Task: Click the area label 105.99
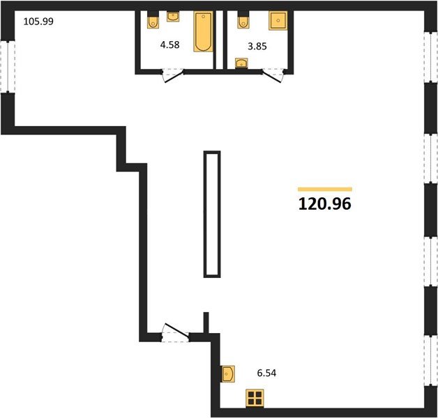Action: (38, 21)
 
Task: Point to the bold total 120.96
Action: (325, 205)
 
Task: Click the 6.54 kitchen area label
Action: (266, 373)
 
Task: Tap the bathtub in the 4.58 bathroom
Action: (203, 32)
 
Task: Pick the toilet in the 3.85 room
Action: (243, 22)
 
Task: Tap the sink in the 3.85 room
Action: (241, 65)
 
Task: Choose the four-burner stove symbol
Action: (255, 398)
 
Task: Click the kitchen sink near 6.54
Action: (228, 374)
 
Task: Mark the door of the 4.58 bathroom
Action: (170, 76)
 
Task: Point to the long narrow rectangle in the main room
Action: (212, 213)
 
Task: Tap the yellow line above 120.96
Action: (325, 189)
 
